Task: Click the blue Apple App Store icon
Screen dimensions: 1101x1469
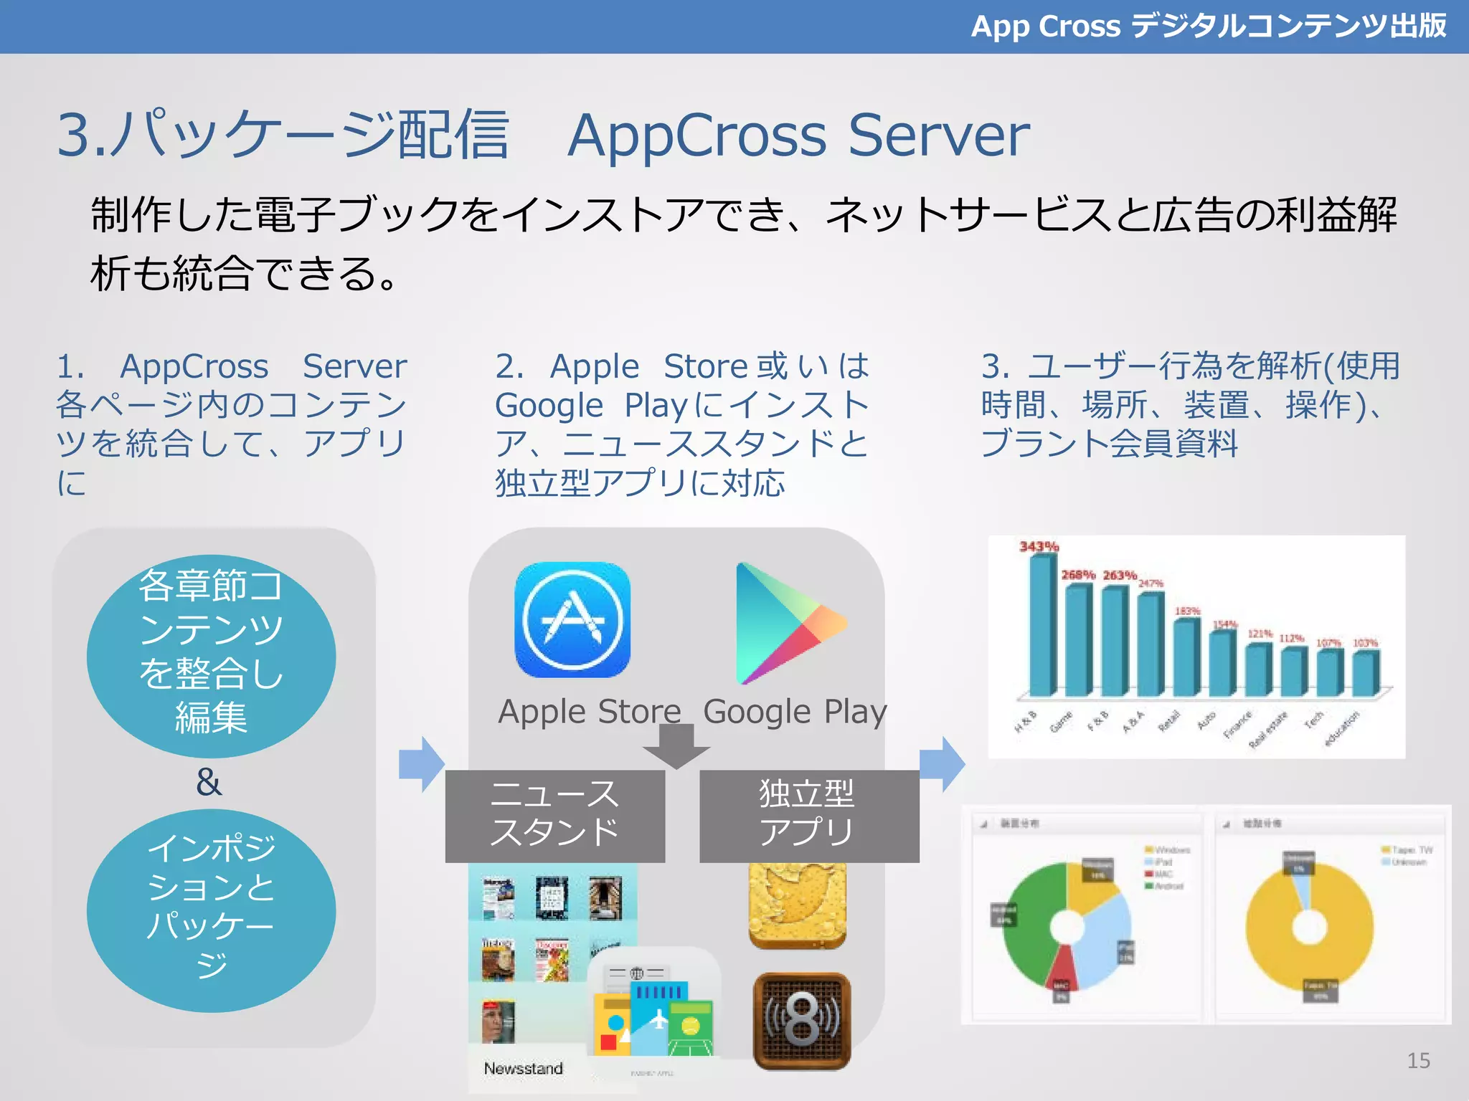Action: click(x=572, y=620)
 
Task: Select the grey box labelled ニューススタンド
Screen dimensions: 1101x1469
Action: click(x=554, y=816)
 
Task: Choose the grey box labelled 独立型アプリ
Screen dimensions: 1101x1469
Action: click(x=808, y=816)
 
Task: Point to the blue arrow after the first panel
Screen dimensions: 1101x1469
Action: click(x=422, y=763)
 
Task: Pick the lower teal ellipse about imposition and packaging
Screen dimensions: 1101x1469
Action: click(x=211, y=910)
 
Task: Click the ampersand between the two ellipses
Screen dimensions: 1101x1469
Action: click(x=209, y=782)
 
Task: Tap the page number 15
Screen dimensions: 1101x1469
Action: click(x=1418, y=1060)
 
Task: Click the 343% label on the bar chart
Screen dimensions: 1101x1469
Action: click(x=1039, y=547)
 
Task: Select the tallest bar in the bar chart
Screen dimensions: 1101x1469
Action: click(x=1041, y=624)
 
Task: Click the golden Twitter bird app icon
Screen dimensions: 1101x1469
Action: click(x=797, y=905)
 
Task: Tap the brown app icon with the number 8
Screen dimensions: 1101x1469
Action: click(x=801, y=1021)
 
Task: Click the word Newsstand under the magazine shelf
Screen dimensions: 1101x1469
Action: click(x=523, y=1068)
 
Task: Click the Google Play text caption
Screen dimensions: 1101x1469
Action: click(x=795, y=712)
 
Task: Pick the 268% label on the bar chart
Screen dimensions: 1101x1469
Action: click(x=1078, y=575)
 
